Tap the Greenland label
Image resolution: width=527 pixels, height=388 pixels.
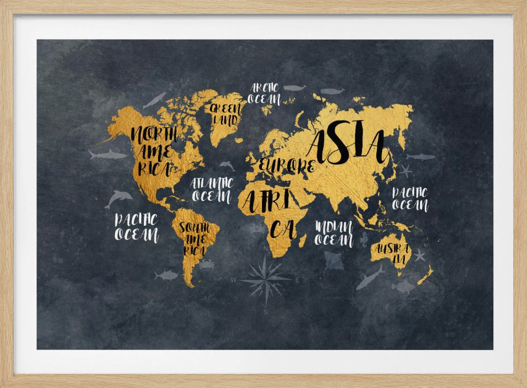[225, 114]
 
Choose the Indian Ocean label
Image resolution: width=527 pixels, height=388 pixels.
[334, 233]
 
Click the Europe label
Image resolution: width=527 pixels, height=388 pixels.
[286, 165]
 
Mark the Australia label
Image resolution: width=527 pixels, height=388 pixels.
[391, 254]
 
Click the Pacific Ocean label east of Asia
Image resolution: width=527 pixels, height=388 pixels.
[410, 198]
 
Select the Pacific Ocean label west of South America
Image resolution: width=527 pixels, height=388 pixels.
[136, 227]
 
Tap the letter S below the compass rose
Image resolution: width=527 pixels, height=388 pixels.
[266, 312]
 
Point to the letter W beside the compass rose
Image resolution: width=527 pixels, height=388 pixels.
[233, 280]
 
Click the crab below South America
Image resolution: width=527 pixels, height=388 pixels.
[206, 264]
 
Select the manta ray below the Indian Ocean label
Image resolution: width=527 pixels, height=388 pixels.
[333, 261]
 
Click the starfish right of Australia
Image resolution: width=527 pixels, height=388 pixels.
[419, 255]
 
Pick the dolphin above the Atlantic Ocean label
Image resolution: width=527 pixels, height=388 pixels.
[227, 166]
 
